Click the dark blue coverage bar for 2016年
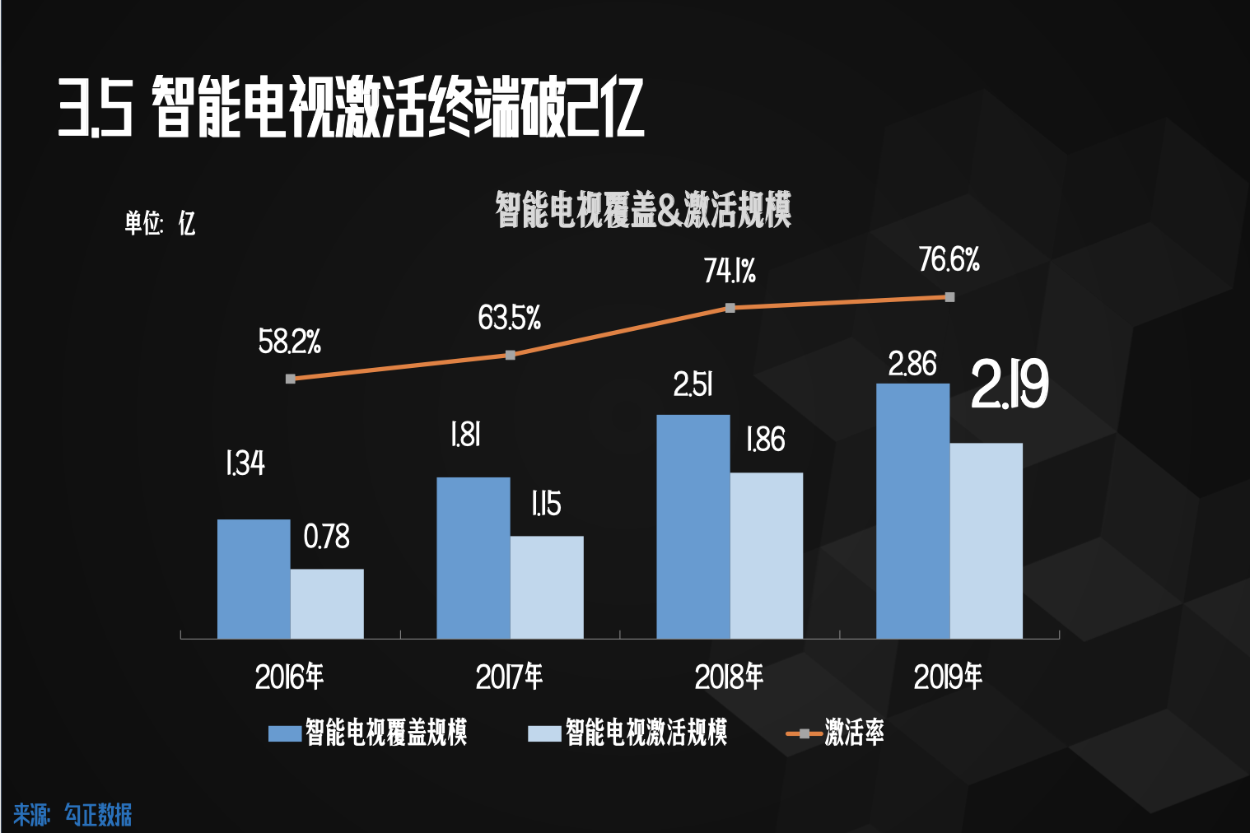(254, 579)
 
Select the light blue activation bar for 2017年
(547, 587)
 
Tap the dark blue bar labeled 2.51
(693, 527)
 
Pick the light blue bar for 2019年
(986, 541)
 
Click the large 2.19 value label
(1009, 385)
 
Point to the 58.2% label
(289, 342)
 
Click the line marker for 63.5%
(511, 355)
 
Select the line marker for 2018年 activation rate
(730, 308)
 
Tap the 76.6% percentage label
(949, 260)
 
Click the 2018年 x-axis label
(729, 677)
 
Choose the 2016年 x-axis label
(289, 677)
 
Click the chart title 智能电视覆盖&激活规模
(643, 210)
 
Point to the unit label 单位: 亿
(160, 223)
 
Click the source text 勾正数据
(98, 815)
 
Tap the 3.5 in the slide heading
(95, 108)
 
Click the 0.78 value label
(326, 537)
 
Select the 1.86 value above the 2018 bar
(765, 440)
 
